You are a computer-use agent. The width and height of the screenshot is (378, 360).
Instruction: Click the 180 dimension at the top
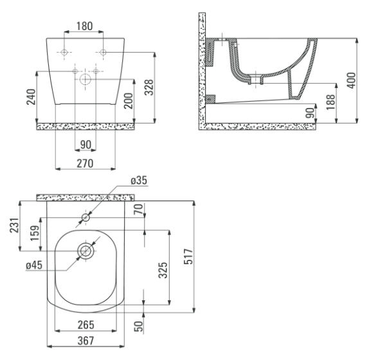click(x=84, y=26)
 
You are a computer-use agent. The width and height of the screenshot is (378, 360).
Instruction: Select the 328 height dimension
click(x=149, y=87)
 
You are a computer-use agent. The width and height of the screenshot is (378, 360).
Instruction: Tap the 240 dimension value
click(x=31, y=97)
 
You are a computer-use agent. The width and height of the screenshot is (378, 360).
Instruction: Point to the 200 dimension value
click(x=129, y=101)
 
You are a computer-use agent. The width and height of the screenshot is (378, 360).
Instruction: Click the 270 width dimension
click(x=85, y=163)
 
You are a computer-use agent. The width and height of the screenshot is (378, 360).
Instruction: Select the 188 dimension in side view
click(x=330, y=102)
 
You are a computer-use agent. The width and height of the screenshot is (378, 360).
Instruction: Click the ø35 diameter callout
click(x=139, y=181)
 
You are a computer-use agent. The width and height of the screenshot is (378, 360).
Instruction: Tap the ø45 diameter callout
click(x=34, y=265)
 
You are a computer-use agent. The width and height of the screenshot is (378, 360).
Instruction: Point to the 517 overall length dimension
click(x=188, y=256)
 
